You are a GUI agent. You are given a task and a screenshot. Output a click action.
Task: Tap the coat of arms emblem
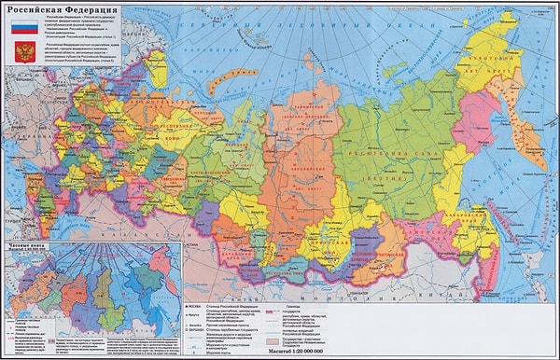pos(24,50)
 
